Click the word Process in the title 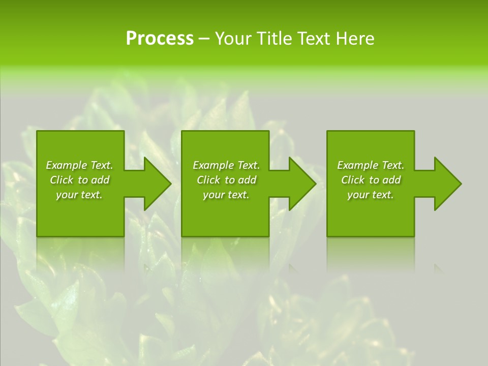point(160,39)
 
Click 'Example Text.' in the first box point(79,165)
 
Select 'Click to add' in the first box point(79,180)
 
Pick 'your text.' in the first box point(79,195)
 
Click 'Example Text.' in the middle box point(226,165)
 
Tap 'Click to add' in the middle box point(226,180)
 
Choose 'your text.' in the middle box point(226,195)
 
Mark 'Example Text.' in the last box point(371,165)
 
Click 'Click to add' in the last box point(371,180)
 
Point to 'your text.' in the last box point(371,195)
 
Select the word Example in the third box point(358,165)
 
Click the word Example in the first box point(67,165)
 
